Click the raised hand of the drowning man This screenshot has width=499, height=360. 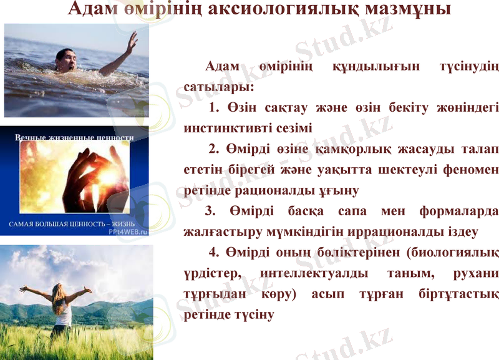(131, 42)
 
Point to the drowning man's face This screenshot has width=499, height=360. (66, 61)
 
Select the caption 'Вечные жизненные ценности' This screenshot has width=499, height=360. (74, 137)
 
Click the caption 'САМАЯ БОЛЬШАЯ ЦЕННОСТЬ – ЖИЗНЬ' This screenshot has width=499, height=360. (70, 223)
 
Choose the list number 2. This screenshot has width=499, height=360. (213, 148)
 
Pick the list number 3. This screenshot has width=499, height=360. (210, 210)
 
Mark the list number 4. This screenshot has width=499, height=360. (213, 252)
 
